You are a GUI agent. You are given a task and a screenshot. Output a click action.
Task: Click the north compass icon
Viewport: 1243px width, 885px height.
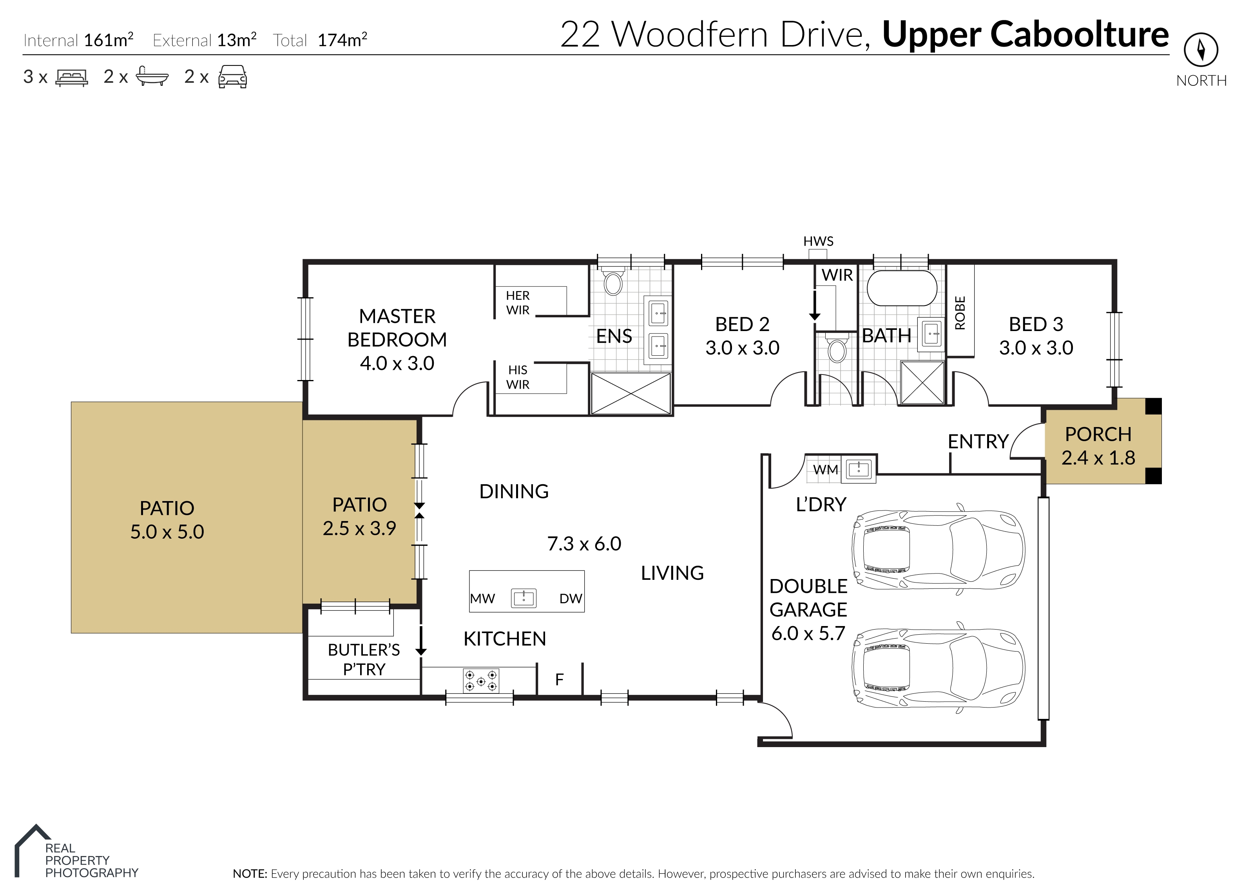point(1201,50)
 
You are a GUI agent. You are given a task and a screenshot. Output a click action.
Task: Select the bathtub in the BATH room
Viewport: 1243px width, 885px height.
point(901,288)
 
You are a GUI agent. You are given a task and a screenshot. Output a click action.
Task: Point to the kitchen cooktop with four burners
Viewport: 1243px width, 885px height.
point(481,680)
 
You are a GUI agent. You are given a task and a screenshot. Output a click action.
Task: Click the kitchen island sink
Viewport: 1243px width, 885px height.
point(523,598)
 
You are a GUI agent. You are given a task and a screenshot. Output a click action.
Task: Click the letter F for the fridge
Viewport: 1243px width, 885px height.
point(559,680)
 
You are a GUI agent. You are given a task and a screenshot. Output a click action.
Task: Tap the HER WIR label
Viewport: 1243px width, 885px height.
point(518,302)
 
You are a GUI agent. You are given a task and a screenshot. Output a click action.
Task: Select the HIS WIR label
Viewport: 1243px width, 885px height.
point(518,377)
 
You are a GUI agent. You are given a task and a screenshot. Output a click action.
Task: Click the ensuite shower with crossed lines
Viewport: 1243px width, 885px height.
point(631,393)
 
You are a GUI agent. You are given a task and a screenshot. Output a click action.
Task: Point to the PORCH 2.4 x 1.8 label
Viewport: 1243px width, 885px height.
point(1098,446)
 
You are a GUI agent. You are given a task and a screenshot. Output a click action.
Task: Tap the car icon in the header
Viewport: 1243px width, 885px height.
point(233,76)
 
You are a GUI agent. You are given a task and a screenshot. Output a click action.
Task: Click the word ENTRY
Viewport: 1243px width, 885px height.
point(978,442)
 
